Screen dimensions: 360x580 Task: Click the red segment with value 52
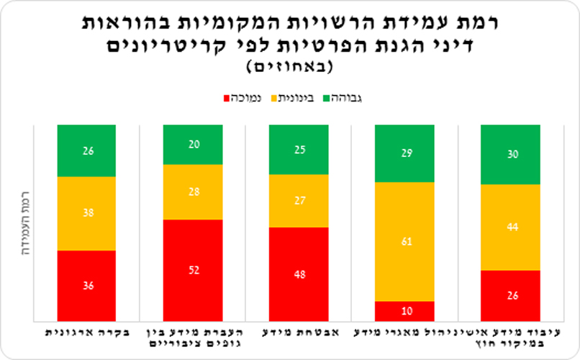[193, 270]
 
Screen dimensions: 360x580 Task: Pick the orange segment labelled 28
[193, 192]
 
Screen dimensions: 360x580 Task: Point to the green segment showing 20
[193, 144]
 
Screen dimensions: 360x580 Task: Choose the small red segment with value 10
[404, 311]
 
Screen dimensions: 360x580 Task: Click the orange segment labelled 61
[404, 241]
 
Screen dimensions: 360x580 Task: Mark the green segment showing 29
[404, 153]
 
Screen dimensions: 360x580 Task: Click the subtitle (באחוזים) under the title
[290, 67]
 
